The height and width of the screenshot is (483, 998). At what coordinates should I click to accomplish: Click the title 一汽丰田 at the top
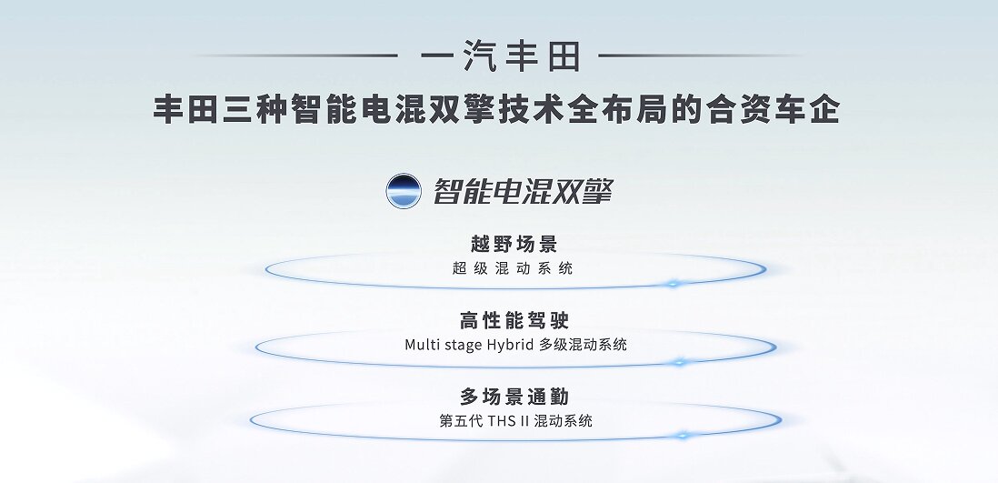[x=500, y=56]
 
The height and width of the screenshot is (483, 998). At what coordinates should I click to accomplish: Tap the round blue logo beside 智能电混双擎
[x=404, y=190]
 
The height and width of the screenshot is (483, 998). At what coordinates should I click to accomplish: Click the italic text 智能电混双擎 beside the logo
[x=523, y=190]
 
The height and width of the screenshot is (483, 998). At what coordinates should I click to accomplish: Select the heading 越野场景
[x=514, y=244]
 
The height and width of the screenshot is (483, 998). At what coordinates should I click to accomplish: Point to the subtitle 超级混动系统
[x=513, y=268]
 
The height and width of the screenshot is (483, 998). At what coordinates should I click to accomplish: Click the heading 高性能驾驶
[x=514, y=320]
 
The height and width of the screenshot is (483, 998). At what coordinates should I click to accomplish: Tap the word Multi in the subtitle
[x=422, y=345]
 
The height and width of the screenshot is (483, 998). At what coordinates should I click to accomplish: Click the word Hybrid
[x=511, y=346]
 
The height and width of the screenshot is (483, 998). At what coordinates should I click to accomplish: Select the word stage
[x=462, y=346]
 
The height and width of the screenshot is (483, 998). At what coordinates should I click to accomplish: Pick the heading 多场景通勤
[x=514, y=397]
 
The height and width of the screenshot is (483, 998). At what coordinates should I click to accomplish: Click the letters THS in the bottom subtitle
[x=503, y=421]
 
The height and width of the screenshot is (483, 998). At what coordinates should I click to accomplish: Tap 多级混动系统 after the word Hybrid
[x=583, y=345]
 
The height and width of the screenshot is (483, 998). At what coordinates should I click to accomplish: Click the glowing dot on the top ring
[x=673, y=283]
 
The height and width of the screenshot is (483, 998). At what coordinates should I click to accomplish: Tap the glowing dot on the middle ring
[x=679, y=362]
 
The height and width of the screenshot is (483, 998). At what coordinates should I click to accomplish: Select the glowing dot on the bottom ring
[x=683, y=435]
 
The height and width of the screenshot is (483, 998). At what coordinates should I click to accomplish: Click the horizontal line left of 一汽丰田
[x=297, y=56]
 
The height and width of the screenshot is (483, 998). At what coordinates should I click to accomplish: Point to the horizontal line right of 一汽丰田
[x=700, y=56]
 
